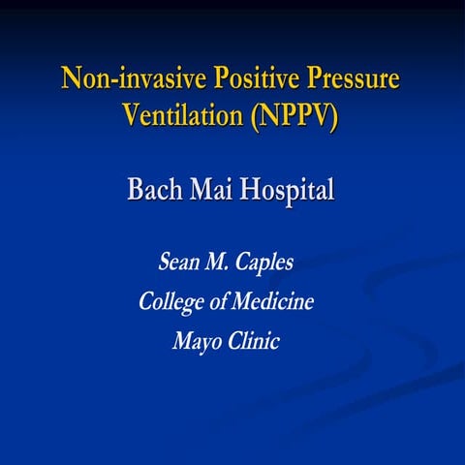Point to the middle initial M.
tap(222, 263)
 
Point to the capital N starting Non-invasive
tap(71, 78)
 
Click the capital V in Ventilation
tap(133, 115)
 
